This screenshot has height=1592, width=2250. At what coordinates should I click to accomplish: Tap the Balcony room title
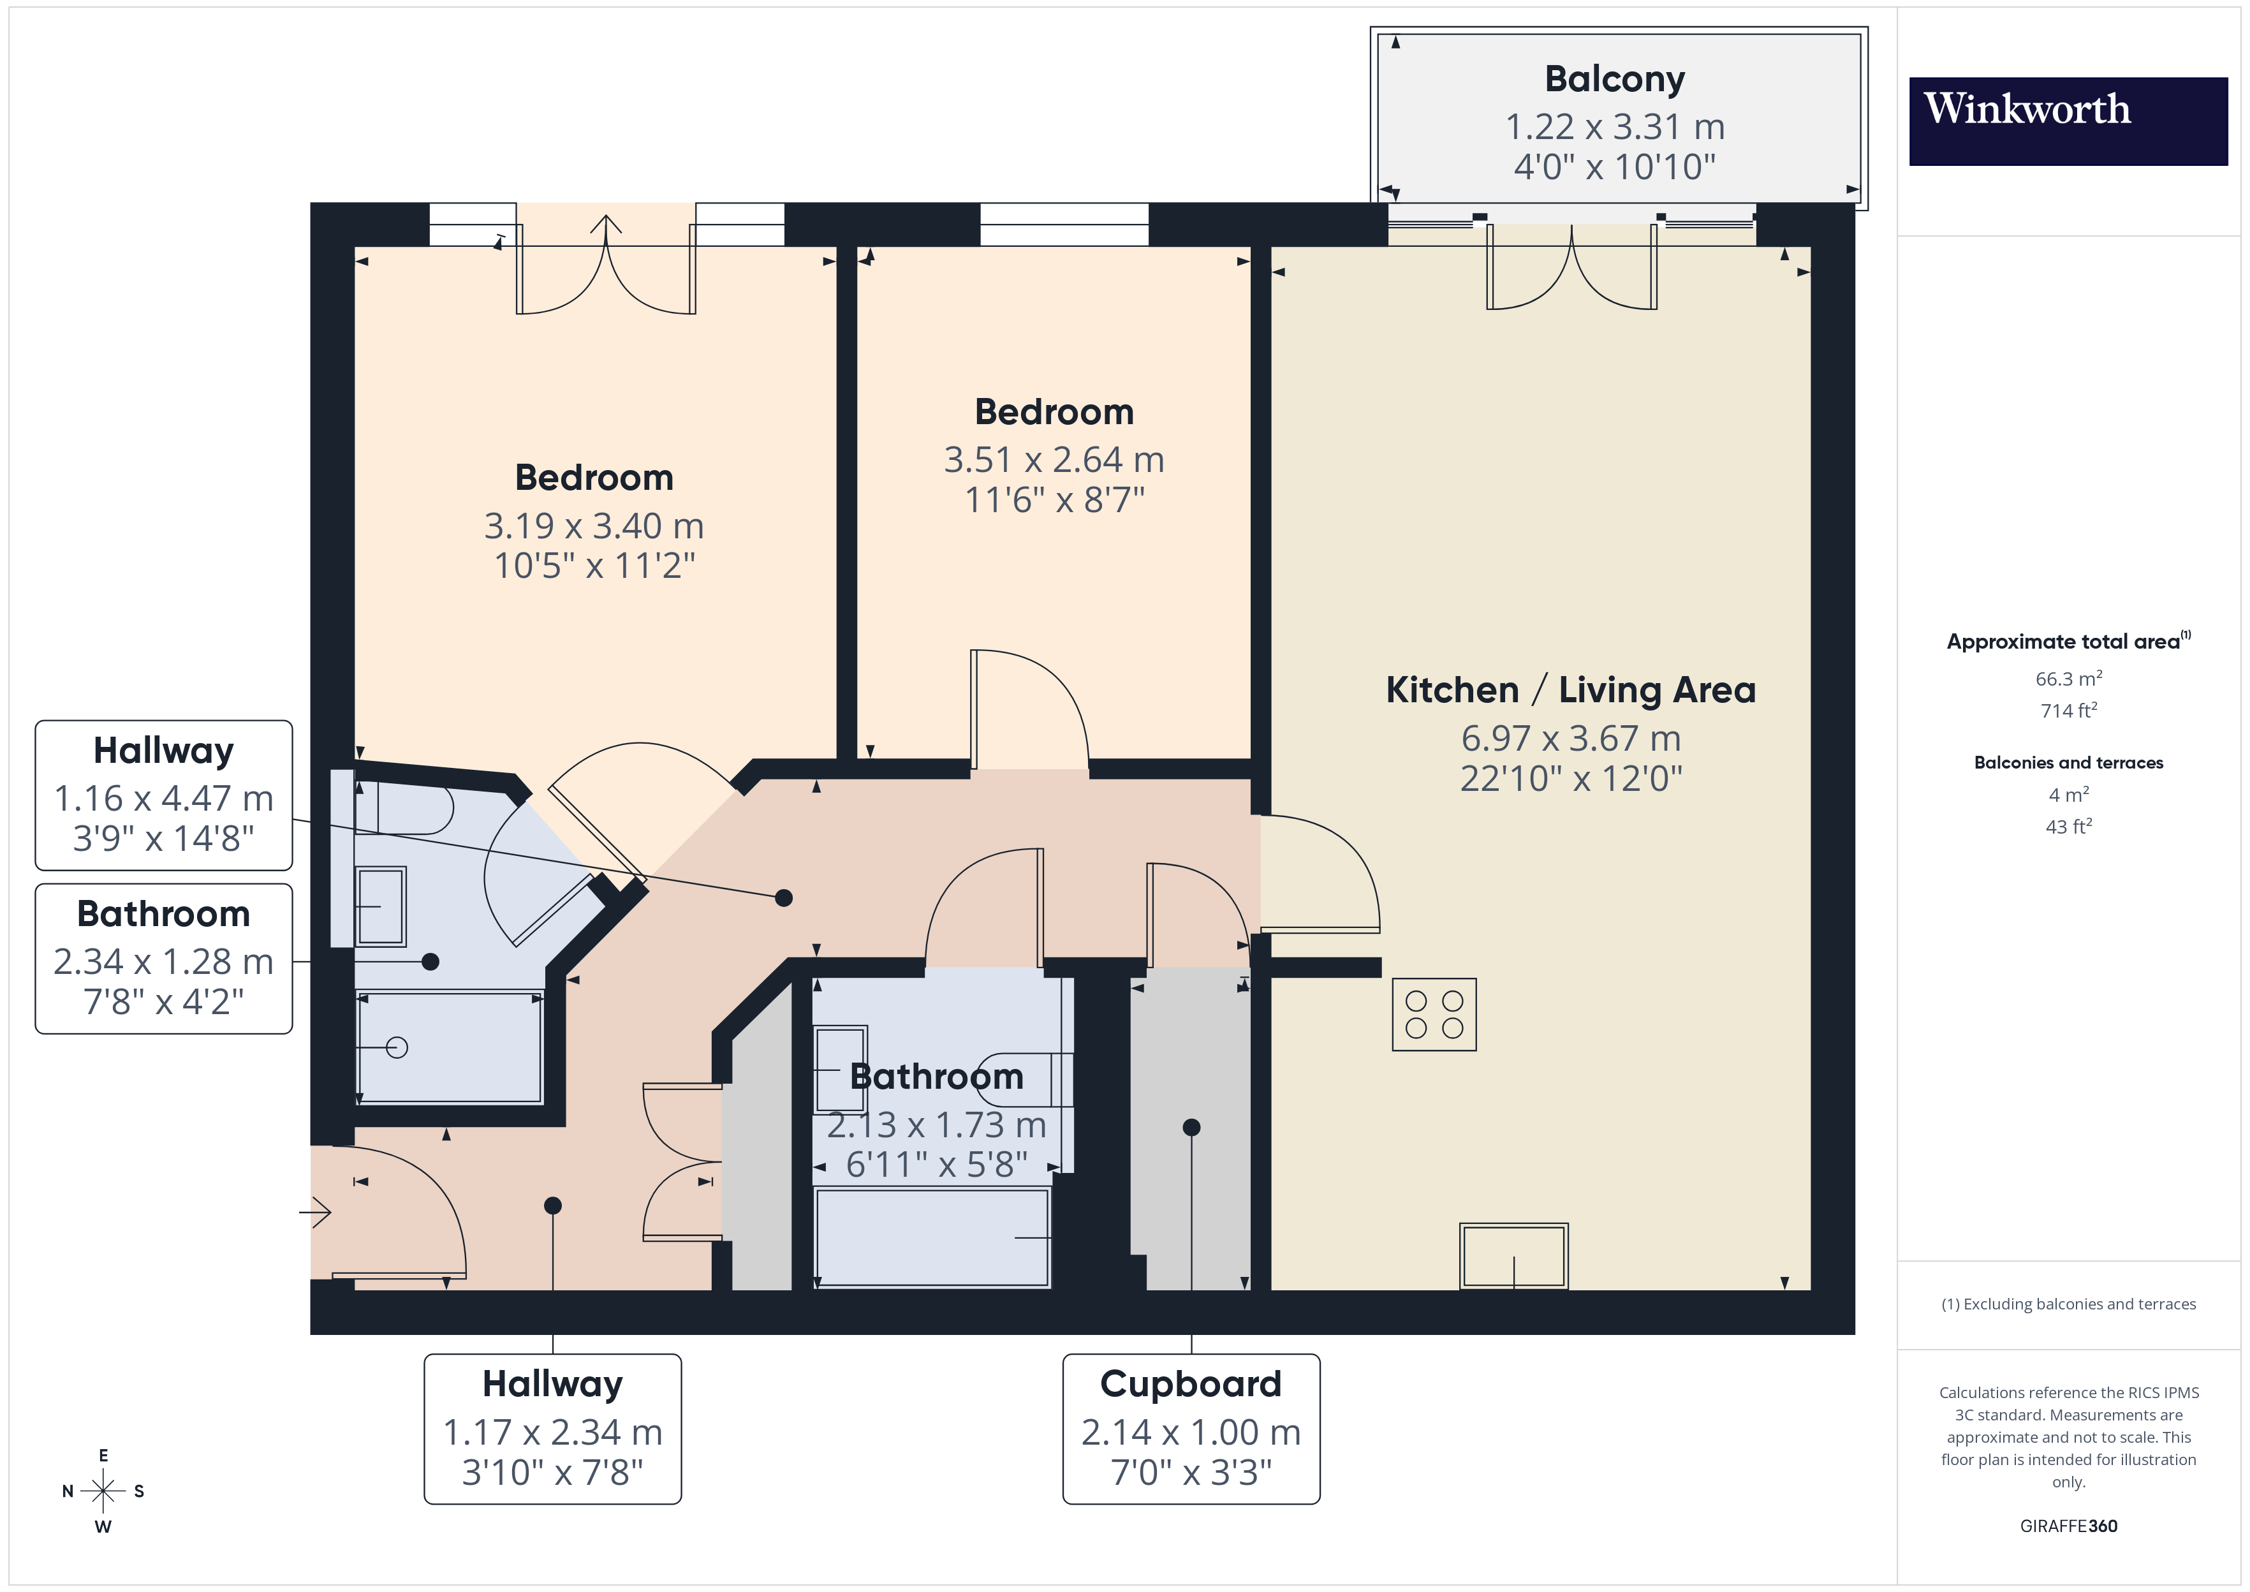(x=1614, y=79)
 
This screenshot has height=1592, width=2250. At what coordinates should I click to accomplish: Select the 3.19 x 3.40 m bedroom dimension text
(x=594, y=526)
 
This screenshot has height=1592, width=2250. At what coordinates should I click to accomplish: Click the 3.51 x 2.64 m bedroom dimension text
(x=1054, y=460)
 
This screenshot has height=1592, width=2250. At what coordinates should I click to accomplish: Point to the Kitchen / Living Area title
(x=1570, y=690)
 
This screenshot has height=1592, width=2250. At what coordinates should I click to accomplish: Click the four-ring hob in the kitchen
(x=1434, y=1015)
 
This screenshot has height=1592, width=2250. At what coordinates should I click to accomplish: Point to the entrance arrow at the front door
(x=316, y=1212)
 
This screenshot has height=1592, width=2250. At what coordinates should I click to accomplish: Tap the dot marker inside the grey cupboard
(x=1191, y=1127)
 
